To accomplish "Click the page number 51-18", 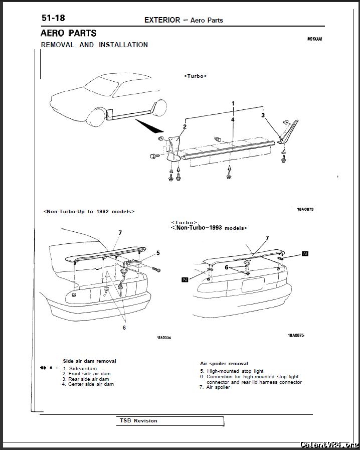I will tap(53, 19).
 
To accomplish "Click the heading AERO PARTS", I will tap(69, 33).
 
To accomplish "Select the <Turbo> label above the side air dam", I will tap(196, 76).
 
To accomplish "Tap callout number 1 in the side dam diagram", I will tap(233, 103).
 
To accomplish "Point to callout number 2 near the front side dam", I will tap(185, 126).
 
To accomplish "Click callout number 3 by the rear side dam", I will tap(263, 115).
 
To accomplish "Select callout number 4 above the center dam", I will tap(233, 120).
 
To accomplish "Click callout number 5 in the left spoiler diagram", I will tap(158, 252).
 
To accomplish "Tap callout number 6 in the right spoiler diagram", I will tap(227, 268).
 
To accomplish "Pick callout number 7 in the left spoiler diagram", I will tap(120, 233).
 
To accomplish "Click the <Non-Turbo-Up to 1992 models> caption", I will tap(89, 212).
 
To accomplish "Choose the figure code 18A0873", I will tap(305, 209).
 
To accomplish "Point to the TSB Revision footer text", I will tap(138, 421).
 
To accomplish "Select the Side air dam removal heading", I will tap(89, 361).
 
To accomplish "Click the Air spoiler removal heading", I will tap(224, 363).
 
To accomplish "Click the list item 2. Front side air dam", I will tap(86, 374).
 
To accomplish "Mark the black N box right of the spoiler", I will tap(305, 253).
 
